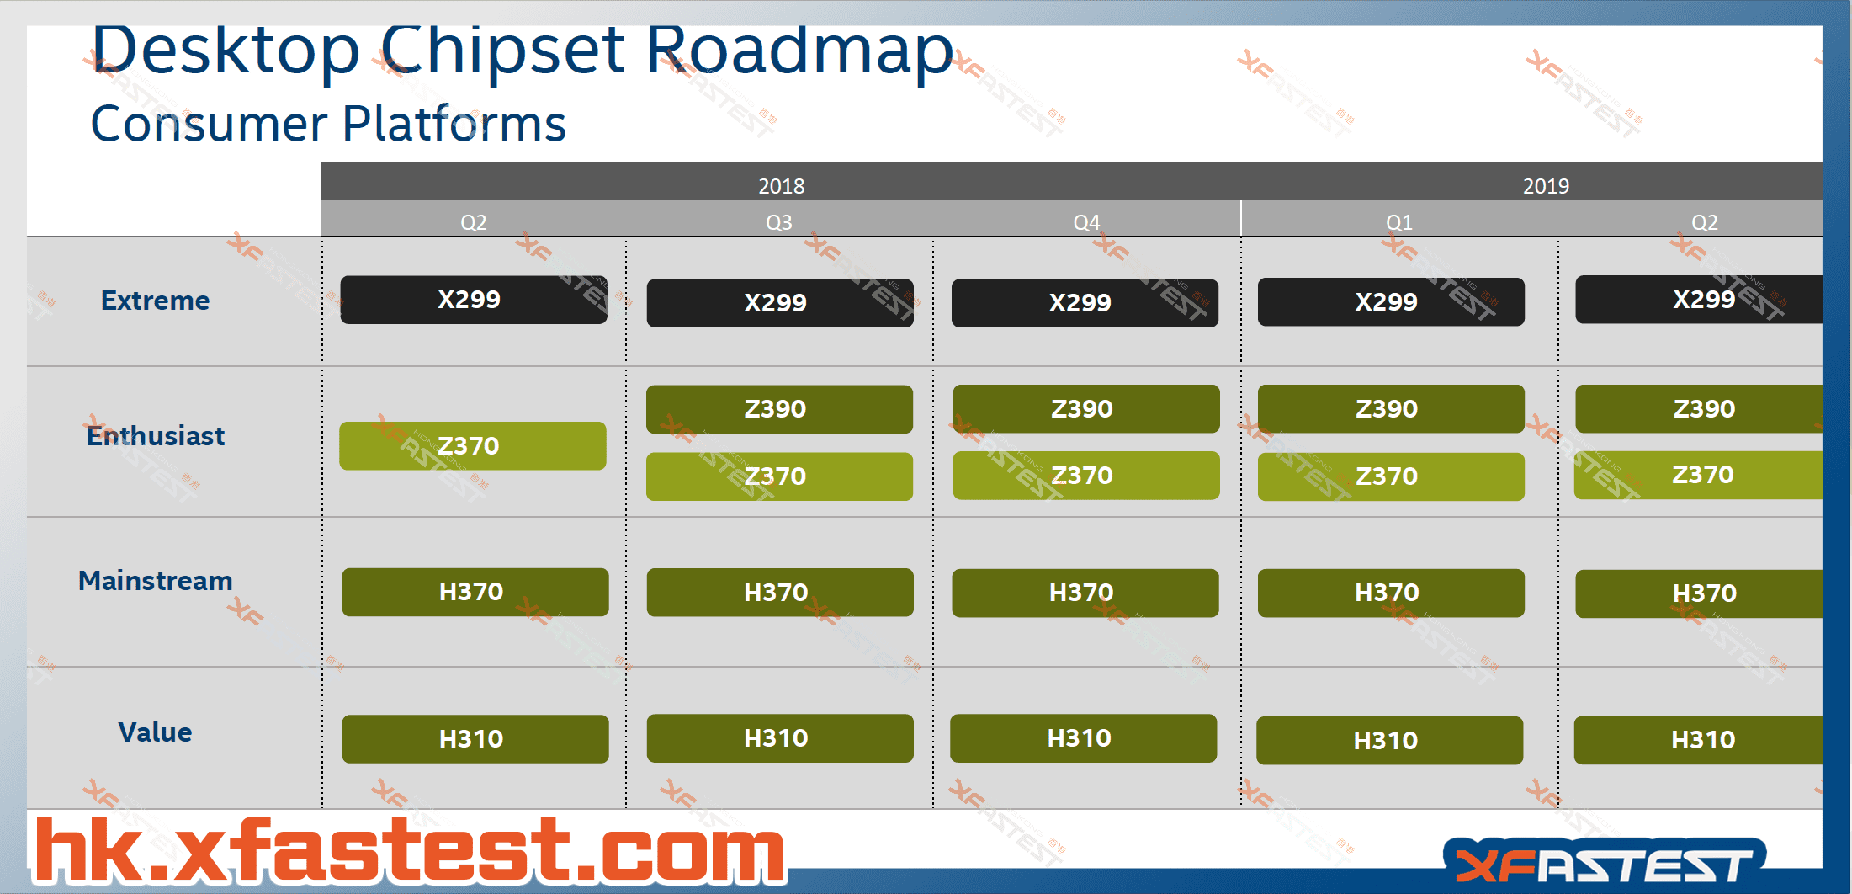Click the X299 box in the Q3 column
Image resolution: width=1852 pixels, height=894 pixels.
779,303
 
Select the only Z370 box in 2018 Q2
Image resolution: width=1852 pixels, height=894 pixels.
472,446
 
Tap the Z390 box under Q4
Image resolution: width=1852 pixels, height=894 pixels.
1085,409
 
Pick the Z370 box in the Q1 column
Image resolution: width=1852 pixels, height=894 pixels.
1390,476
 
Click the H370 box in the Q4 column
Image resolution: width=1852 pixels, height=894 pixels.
1085,593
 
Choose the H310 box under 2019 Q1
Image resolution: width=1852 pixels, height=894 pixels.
1389,741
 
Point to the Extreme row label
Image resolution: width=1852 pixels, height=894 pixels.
155,301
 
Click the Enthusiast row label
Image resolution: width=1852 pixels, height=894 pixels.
156,436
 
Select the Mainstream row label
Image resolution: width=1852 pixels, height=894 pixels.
155,581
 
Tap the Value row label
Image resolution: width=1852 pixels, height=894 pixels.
155,732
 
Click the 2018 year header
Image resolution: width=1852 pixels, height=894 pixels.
781,185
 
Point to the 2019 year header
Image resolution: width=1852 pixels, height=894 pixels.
1546,185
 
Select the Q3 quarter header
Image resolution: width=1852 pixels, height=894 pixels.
779,222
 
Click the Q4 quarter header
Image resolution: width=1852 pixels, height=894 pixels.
1086,222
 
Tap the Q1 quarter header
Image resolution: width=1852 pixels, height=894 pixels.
1399,222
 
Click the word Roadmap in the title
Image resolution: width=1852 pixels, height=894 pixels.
799,51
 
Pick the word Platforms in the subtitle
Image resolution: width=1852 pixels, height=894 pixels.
454,125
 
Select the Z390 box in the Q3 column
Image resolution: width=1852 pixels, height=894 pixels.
779,409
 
